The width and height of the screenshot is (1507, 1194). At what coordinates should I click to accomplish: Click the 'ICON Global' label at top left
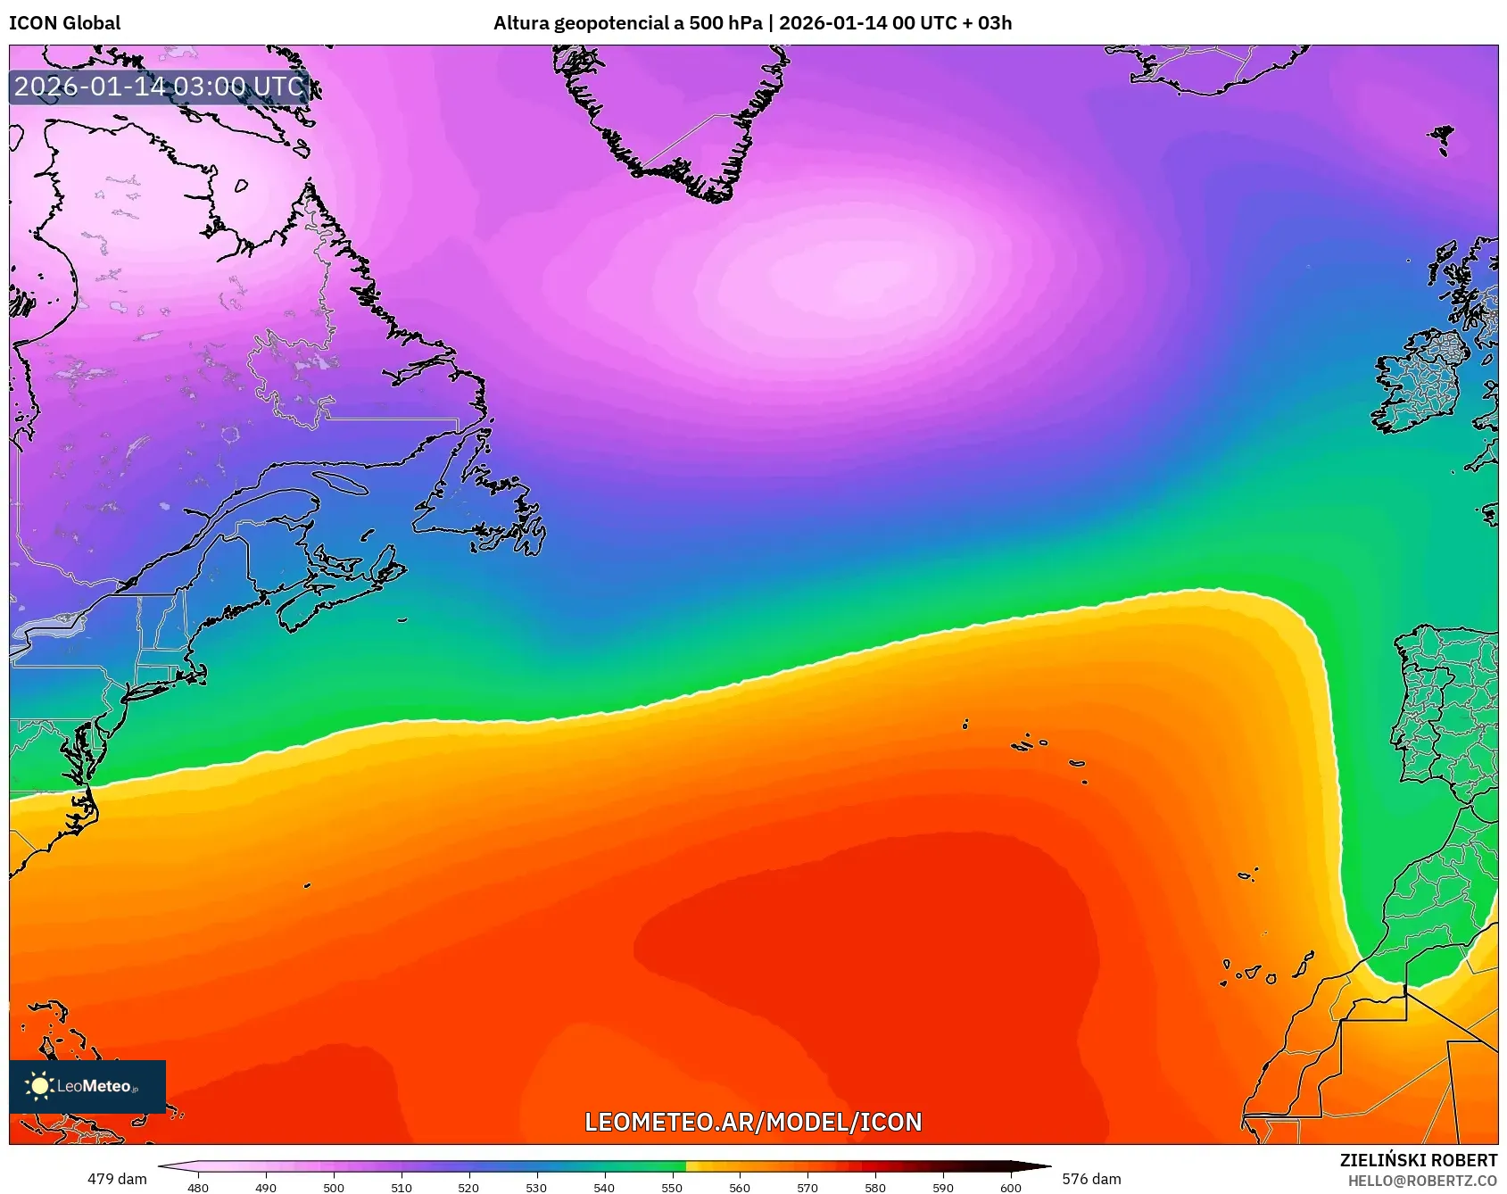(64, 23)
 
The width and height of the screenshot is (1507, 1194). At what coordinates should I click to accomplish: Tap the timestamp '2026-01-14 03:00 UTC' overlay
(159, 87)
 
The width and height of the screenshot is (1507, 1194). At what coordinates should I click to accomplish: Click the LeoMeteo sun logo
(39, 1085)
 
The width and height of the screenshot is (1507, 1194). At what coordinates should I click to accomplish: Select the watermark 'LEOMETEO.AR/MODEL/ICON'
(753, 1122)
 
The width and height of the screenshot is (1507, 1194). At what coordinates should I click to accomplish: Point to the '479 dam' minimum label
(117, 1179)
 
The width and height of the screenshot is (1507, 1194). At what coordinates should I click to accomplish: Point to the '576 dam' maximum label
(1091, 1179)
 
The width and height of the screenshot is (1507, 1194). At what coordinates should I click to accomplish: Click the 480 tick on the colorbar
(198, 1187)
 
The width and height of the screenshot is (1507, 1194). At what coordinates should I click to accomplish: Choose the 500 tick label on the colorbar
(334, 1187)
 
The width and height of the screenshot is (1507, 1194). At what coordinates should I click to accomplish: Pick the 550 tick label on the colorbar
(672, 1187)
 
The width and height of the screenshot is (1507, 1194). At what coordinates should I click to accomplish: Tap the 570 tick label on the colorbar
(807, 1187)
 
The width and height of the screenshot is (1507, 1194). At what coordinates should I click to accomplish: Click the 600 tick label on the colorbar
(1010, 1187)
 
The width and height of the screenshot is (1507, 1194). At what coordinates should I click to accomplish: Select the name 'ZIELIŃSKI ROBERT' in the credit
(1418, 1160)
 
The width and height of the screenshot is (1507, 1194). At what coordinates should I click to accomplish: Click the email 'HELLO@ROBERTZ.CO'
(1422, 1181)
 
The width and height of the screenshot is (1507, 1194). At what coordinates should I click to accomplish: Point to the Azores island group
(1035, 745)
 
